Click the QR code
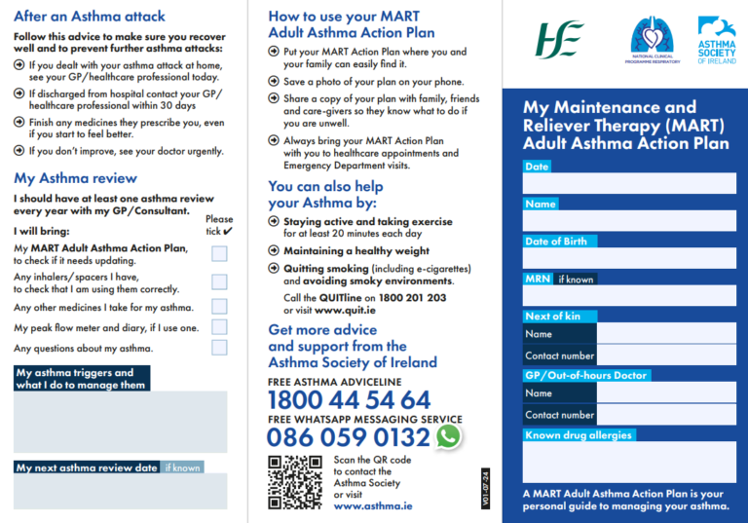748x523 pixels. pyautogui.click(x=294, y=481)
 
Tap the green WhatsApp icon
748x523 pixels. pyautogui.click(x=448, y=436)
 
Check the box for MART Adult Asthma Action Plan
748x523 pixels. pyautogui.click(x=219, y=254)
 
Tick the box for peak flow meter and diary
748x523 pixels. pyautogui.click(x=219, y=327)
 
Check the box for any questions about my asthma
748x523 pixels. pyautogui.click(x=219, y=348)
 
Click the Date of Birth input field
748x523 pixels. pyautogui.click(x=629, y=258)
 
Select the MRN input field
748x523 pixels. pyautogui.click(x=629, y=295)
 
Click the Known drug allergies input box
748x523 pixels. pyautogui.click(x=629, y=461)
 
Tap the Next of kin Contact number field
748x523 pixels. pyautogui.click(x=666, y=356)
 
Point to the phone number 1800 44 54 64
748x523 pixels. pyautogui.click(x=348, y=399)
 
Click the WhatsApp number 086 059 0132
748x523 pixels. pyautogui.click(x=348, y=437)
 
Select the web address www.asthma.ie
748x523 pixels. pyautogui.click(x=372, y=506)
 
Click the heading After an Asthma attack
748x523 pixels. pyautogui.click(x=90, y=17)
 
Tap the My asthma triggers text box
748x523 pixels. pyautogui.click(x=120, y=422)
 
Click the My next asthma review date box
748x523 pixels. pyautogui.click(x=120, y=491)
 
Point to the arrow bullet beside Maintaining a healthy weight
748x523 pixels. pyautogui.click(x=274, y=251)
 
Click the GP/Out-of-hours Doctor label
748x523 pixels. pyautogui.click(x=585, y=375)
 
